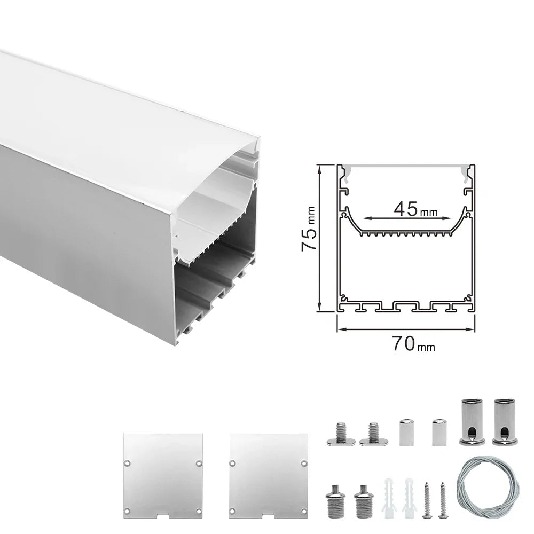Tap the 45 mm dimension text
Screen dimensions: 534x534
tap(414, 209)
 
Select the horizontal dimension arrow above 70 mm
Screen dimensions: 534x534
tap(406, 328)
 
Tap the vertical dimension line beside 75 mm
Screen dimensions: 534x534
tap(319, 238)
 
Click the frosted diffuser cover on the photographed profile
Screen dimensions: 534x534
tap(107, 123)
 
